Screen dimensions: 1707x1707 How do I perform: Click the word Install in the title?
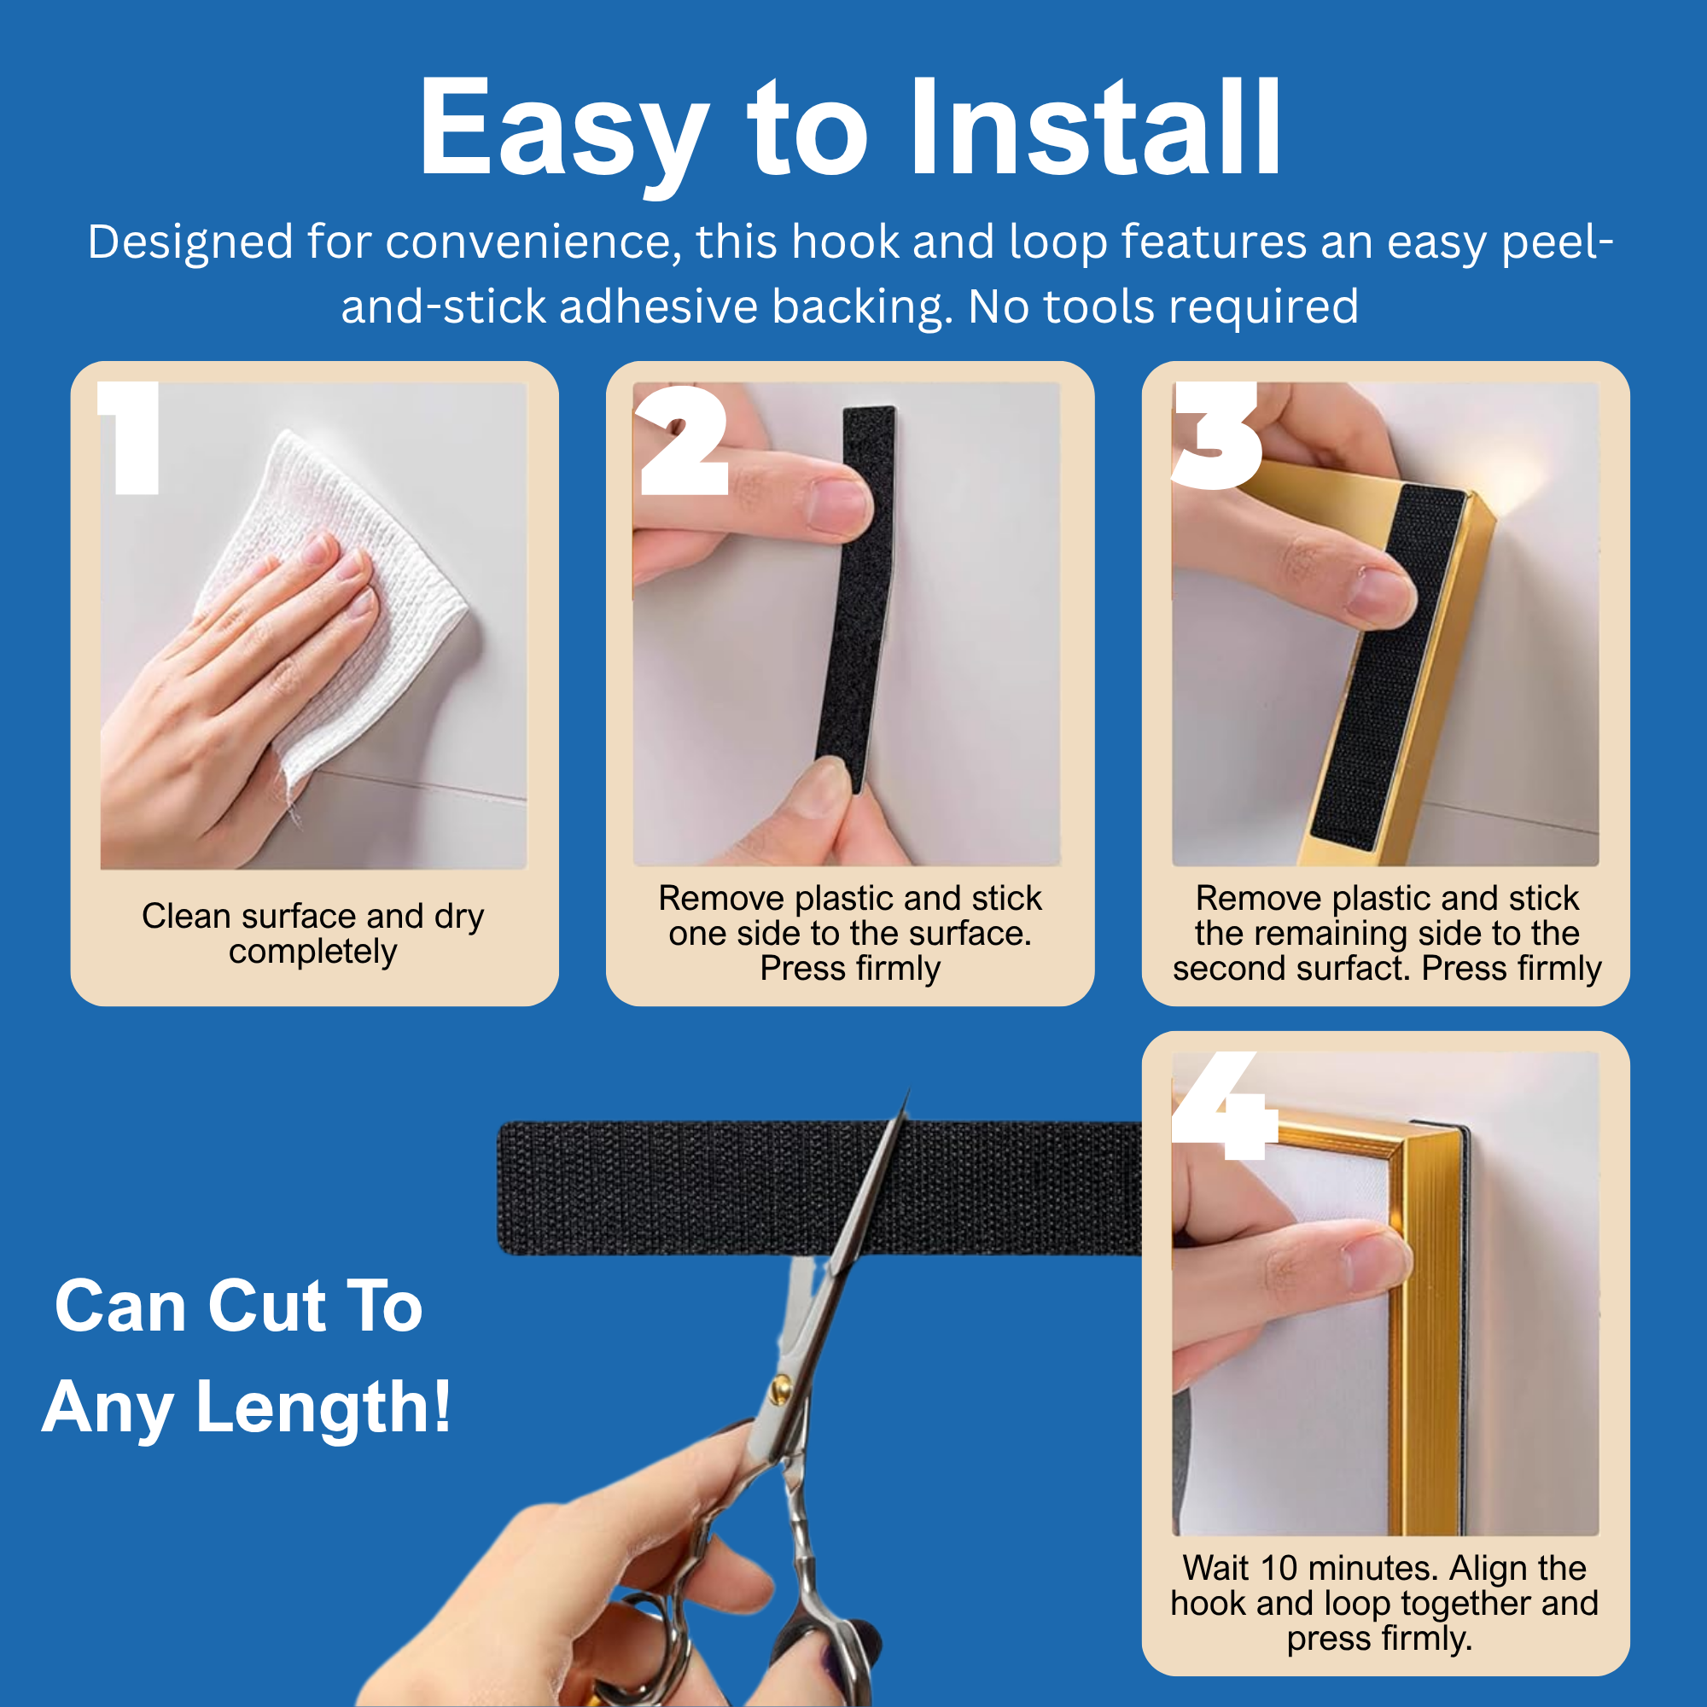point(1096,127)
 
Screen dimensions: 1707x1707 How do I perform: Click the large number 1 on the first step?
point(131,437)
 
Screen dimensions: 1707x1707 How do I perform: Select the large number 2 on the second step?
point(682,439)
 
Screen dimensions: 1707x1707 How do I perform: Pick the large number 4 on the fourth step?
point(1225,1105)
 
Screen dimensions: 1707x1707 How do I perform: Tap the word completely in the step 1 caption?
point(312,953)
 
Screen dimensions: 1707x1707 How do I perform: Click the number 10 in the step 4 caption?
point(1279,1568)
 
